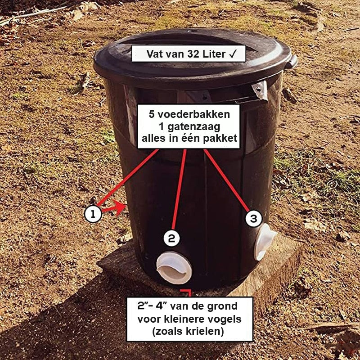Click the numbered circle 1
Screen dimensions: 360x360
point(93,214)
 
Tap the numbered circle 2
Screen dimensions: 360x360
point(172,238)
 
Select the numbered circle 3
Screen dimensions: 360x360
point(254,218)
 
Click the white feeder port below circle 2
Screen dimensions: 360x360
point(174,268)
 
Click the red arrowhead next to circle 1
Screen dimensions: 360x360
point(119,207)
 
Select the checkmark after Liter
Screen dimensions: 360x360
point(232,54)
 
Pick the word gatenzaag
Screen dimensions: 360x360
point(194,126)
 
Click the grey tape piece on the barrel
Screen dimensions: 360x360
point(261,90)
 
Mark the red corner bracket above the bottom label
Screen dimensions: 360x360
point(188,292)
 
